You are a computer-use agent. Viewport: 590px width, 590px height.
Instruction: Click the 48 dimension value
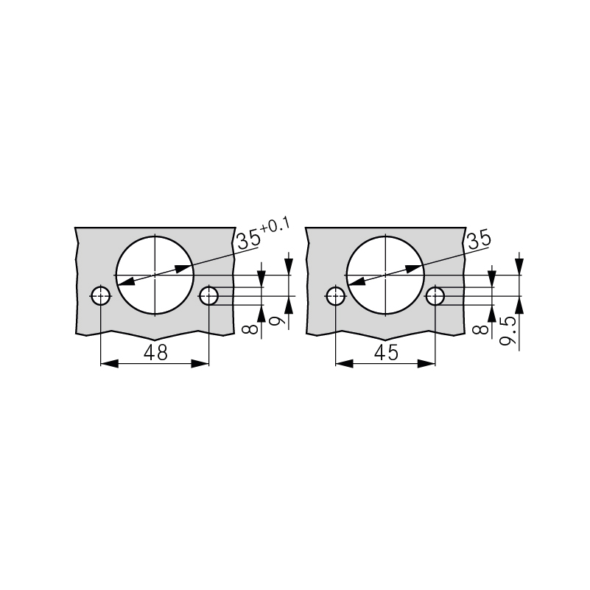point(155,353)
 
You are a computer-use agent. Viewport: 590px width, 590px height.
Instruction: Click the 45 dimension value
point(386,353)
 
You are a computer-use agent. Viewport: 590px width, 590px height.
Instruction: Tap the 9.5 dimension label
point(508,331)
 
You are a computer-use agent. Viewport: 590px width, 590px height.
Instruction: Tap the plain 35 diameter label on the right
point(478,240)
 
